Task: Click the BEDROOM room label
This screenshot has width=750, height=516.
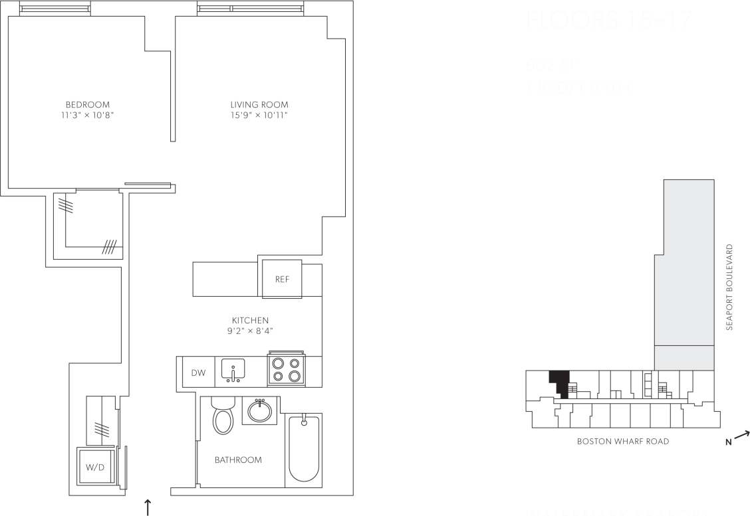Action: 88,105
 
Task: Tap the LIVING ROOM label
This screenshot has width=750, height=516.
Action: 259,105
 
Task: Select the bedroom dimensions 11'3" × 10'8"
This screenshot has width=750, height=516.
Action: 88,116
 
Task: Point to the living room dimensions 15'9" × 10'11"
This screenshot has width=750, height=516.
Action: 259,116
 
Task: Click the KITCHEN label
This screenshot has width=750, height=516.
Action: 250,320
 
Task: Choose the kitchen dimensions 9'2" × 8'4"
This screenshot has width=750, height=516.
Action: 250,331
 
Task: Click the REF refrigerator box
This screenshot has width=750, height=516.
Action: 283,279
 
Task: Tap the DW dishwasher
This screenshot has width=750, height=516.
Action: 198,373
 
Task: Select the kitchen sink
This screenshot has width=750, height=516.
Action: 233,370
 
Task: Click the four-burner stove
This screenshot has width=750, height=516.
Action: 286,370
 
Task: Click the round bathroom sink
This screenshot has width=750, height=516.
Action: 259,412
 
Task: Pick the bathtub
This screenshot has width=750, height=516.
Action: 304,448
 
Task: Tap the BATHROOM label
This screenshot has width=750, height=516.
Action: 238,460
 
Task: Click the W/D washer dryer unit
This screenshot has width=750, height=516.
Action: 95,468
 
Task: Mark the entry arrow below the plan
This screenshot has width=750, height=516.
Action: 147,507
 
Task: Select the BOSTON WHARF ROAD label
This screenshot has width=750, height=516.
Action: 623,441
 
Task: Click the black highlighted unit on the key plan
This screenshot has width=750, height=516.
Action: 559,383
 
